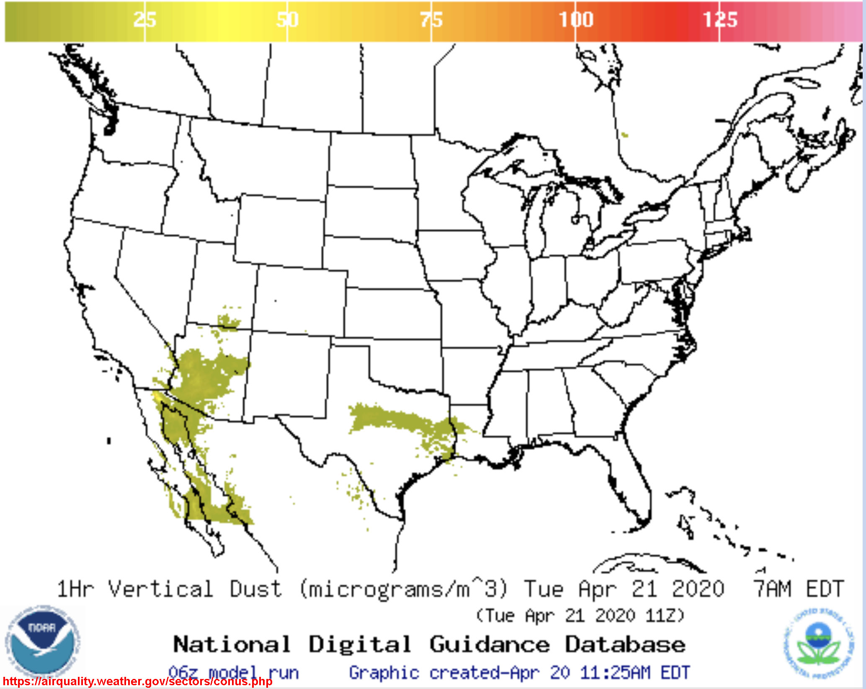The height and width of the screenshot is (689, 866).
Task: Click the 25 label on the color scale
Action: pyautogui.click(x=144, y=20)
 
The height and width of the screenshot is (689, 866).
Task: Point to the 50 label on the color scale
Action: pyautogui.click(x=287, y=20)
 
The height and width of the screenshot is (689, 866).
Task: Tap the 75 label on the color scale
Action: pyautogui.click(x=431, y=20)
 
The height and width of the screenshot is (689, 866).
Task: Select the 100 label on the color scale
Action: pyautogui.click(x=576, y=20)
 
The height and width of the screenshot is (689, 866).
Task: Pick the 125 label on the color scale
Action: pyautogui.click(x=720, y=20)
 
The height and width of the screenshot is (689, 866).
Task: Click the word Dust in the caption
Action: pyautogui.click(x=255, y=589)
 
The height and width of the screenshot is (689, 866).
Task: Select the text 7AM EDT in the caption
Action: pyautogui.click(x=798, y=589)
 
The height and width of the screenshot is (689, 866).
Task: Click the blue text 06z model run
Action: pyautogui.click(x=233, y=672)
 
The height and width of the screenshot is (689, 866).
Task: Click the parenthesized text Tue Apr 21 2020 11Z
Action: pyautogui.click(x=580, y=616)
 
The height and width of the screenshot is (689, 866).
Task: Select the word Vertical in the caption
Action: pyautogui.click(x=161, y=589)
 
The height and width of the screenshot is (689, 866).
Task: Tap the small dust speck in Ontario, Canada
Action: pyautogui.click(x=625, y=135)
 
